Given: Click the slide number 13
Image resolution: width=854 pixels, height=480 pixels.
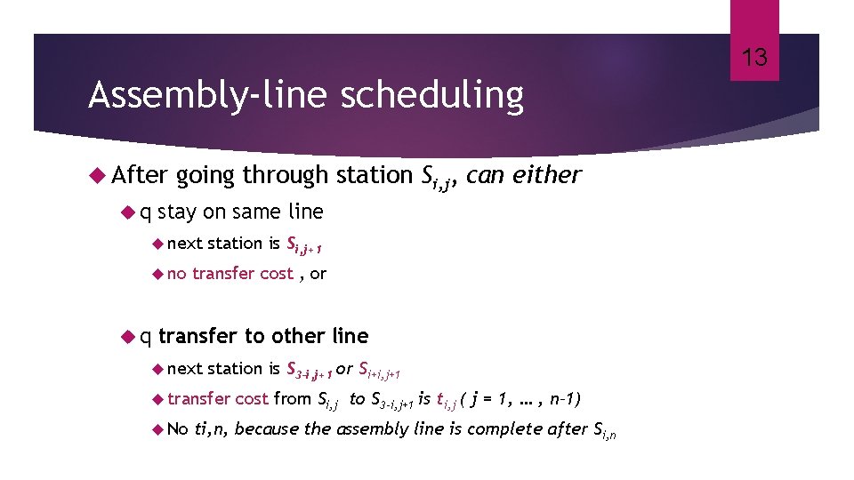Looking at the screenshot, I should [754, 59].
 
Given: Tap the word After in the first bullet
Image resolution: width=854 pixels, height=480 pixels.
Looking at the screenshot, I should [140, 176].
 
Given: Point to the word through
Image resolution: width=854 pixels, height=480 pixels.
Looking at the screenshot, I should [286, 176].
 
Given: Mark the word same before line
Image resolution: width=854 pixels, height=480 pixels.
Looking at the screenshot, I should [256, 212].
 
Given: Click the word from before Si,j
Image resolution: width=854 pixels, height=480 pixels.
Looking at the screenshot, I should [293, 398].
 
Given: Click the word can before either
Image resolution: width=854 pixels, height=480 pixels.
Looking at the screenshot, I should [486, 176].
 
